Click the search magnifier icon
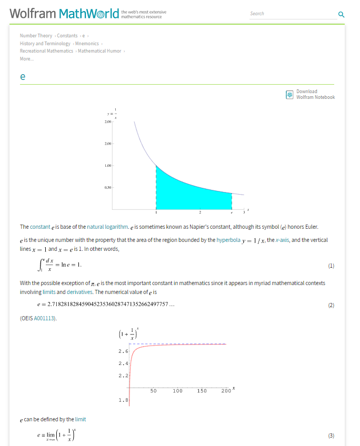(x=341, y=14)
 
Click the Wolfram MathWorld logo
(x=64, y=14)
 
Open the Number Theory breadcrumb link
(x=36, y=36)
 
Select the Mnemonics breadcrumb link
(x=87, y=44)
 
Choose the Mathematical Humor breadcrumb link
(x=99, y=51)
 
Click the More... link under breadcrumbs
(x=27, y=59)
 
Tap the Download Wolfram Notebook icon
(x=289, y=95)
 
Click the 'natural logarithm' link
(x=107, y=227)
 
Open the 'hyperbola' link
(x=228, y=240)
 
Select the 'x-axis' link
(x=282, y=240)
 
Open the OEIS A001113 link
(x=45, y=318)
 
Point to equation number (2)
(x=331, y=305)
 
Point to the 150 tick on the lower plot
(x=202, y=391)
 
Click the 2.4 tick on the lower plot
(x=123, y=363)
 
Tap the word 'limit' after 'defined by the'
(x=80, y=419)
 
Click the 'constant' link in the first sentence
(x=40, y=227)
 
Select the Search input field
(x=292, y=14)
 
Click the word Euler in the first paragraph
(x=310, y=227)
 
